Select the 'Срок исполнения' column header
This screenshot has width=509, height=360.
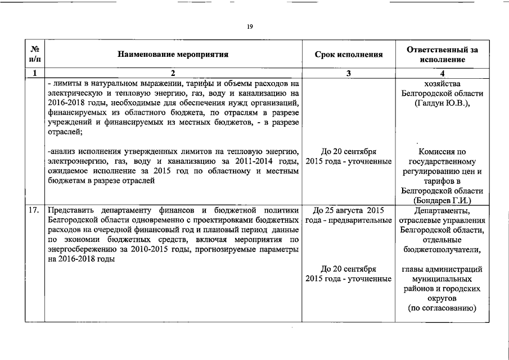pyautogui.click(x=349, y=55)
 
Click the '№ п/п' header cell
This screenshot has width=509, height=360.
pyautogui.click(x=35, y=55)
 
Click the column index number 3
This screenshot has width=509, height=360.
pyautogui.click(x=349, y=73)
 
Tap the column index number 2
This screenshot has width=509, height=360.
pyautogui.click(x=173, y=73)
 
